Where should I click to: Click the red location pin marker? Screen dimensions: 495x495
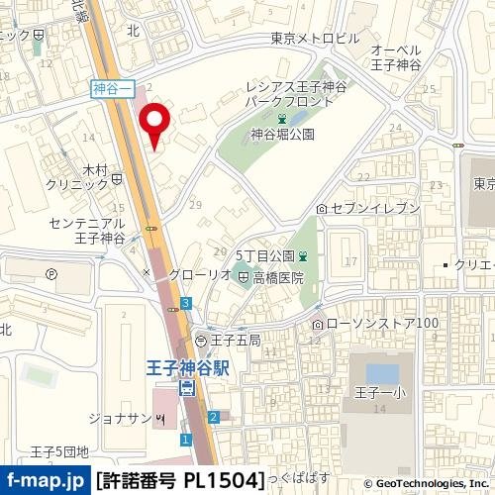(x=155, y=123)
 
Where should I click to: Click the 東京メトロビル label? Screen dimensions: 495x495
(x=316, y=39)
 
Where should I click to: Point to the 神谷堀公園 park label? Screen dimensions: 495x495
(x=282, y=134)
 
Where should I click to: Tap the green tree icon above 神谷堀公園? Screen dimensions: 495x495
(x=283, y=119)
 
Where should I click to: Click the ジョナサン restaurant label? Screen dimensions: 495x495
(x=120, y=417)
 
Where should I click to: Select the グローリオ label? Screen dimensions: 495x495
(x=180, y=272)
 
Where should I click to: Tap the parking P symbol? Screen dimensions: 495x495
(x=51, y=273)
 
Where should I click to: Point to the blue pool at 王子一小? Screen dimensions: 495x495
(x=382, y=374)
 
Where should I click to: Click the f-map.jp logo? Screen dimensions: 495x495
(x=44, y=481)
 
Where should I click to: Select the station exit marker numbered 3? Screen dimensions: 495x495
(x=186, y=303)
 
